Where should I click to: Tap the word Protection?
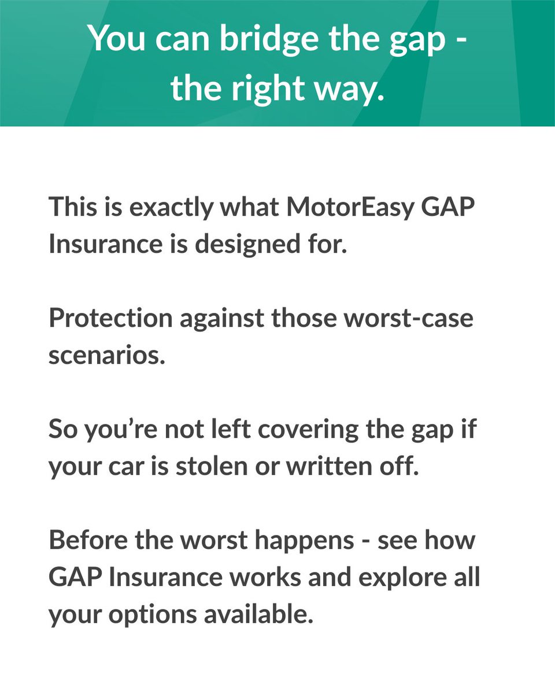[x=110, y=318]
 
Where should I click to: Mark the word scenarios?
[x=106, y=355]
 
